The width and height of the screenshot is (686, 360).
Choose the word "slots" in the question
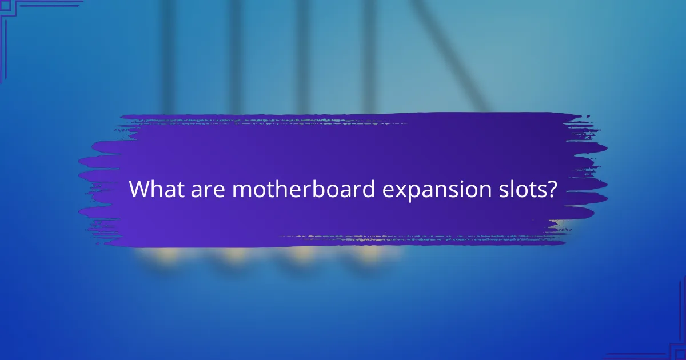click(x=523, y=189)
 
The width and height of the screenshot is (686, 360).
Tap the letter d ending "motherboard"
click(x=368, y=189)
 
